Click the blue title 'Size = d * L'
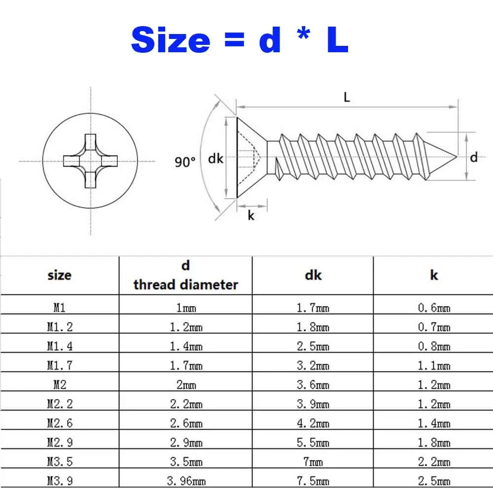coord(240,40)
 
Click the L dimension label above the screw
coord(347,97)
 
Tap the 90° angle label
coord(185,162)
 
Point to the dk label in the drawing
coord(215,159)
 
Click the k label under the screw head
coord(251,215)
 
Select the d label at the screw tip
coord(474,158)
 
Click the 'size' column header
coord(59,275)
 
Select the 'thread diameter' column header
coord(185,284)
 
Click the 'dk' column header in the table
coord(313,275)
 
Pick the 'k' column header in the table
coord(434,275)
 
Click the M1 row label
coord(60,308)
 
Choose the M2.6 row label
coord(60,423)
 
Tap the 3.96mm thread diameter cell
coord(186,481)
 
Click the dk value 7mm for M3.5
coord(313,461)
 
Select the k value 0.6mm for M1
coord(434,308)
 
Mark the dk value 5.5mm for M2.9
coord(313,443)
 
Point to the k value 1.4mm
coord(434,423)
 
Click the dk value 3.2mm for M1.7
coord(313,366)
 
